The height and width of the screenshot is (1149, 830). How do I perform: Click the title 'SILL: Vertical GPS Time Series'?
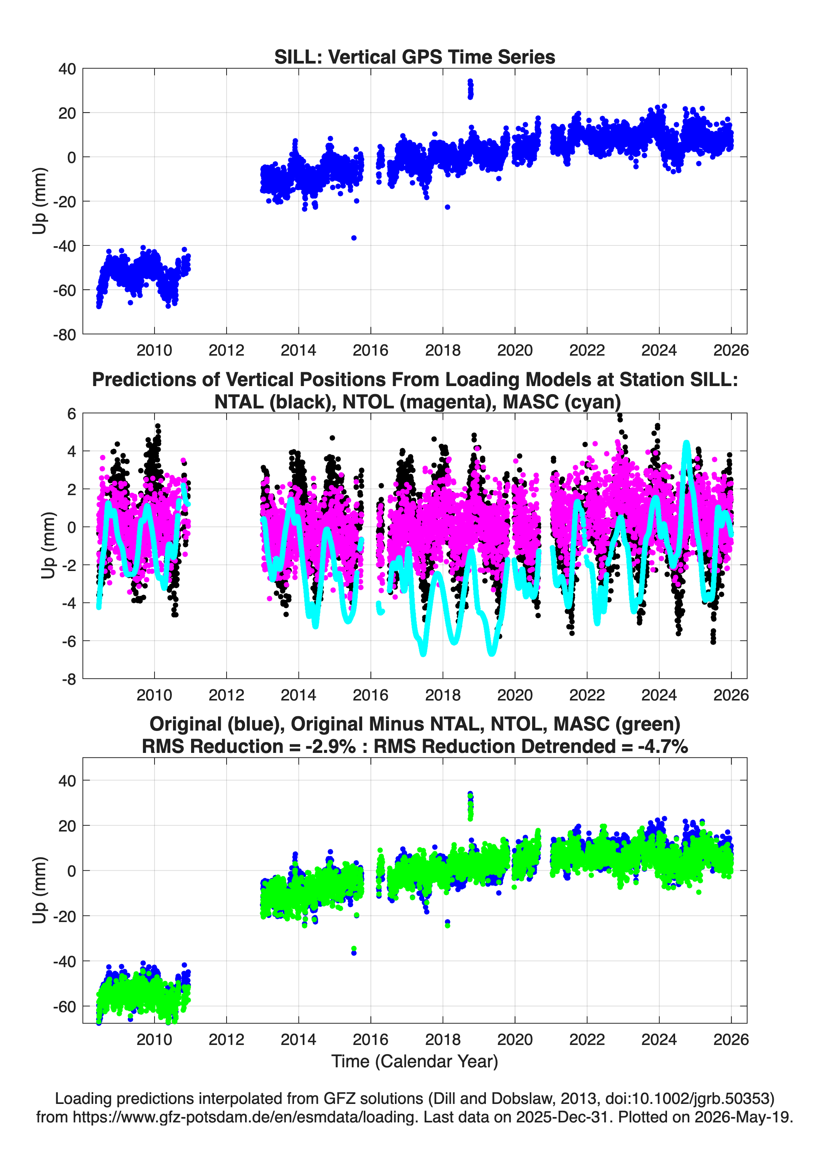[415, 57]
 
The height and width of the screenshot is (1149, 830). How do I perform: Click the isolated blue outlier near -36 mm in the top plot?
[354, 238]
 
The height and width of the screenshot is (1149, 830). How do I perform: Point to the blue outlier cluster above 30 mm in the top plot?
[470, 89]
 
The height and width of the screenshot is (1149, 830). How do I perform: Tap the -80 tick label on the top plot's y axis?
[64, 334]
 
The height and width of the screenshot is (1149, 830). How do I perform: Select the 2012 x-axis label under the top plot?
[227, 350]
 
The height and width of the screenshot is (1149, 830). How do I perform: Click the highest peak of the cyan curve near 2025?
[687, 443]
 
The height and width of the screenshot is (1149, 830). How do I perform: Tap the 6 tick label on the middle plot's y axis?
[71, 413]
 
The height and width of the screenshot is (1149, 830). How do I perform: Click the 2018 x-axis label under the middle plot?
[443, 695]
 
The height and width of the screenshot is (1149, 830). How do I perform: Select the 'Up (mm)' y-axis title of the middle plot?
[48, 546]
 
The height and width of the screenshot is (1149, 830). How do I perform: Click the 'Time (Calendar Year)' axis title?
[415, 1061]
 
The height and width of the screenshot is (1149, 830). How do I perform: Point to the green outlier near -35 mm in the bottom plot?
[354, 948]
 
